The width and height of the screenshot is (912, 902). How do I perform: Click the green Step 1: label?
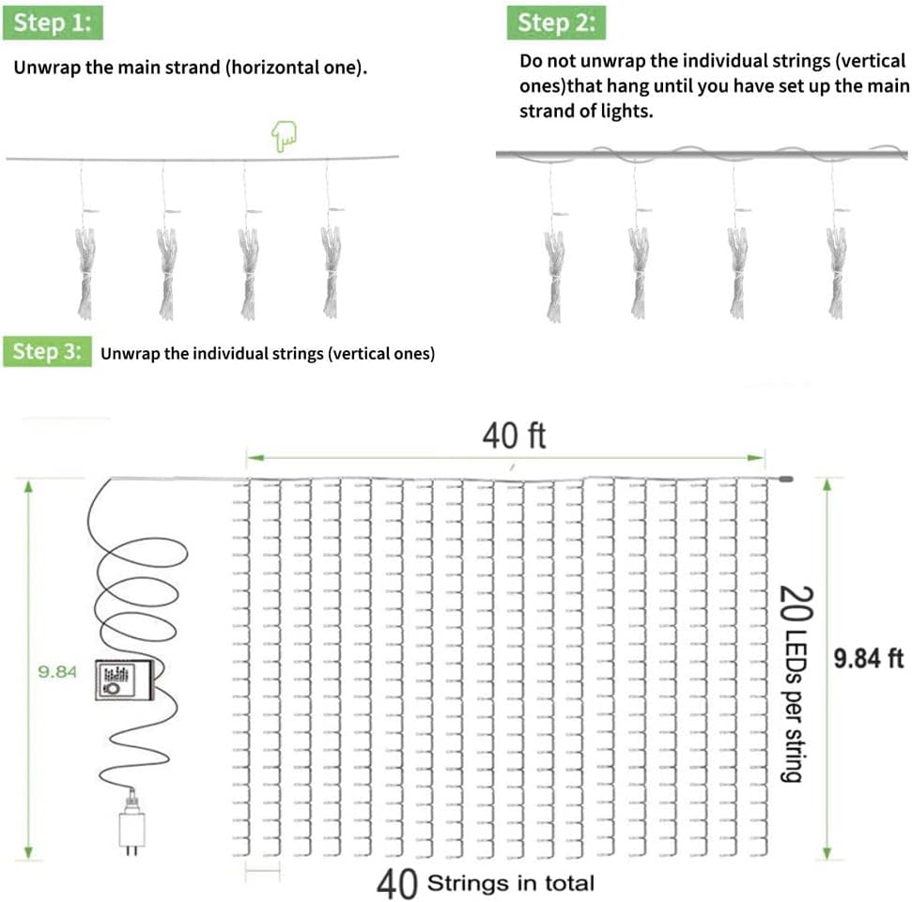coord(53,23)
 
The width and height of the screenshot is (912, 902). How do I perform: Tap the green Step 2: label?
coord(556,23)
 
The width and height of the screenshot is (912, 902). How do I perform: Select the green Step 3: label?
coord(47,351)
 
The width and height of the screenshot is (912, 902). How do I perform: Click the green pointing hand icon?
coord(284,136)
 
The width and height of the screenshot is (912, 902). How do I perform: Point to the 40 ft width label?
coord(514,436)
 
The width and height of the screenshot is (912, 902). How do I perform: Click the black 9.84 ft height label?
coord(869,659)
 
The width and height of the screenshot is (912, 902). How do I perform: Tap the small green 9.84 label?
coord(57,672)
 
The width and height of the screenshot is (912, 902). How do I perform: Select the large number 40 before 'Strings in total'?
coord(396,884)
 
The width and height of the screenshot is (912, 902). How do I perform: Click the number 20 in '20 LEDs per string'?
coord(796,604)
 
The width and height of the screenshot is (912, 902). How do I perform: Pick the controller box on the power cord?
coord(125,680)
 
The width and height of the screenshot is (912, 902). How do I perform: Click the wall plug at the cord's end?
coord(132,823)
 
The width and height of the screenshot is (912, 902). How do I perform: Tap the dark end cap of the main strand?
coord(785,480)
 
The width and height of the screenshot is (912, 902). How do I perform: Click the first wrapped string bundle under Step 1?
coord(85,273)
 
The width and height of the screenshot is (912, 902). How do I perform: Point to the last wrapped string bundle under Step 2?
coord(836,273)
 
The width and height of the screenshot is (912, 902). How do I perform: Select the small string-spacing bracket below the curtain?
coord(262,870)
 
